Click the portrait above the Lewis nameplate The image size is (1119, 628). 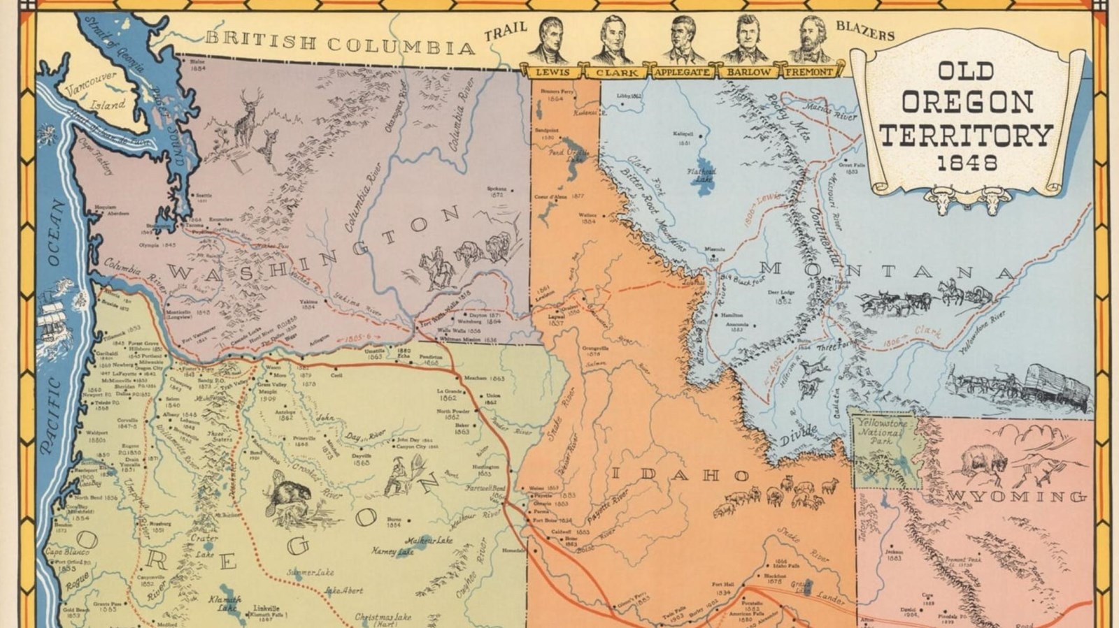[x=549, y=41]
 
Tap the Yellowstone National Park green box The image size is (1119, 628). [x=883, y=447]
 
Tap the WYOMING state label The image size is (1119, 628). [x=1018, y=497]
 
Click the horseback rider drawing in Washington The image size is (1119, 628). [x=437, y=269]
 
